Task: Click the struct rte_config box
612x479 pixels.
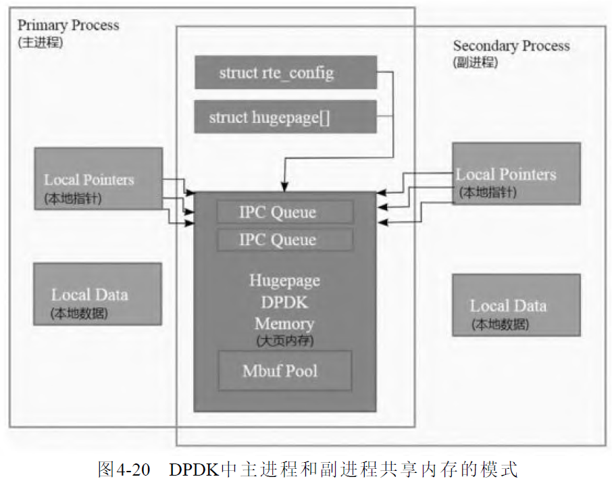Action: coord(285,72)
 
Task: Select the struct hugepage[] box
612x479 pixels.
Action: coord(285,117)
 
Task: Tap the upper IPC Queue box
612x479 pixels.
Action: coord(284,212)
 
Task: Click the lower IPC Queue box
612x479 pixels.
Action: coord(284,240)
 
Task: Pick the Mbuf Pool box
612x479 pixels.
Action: coord(284,370)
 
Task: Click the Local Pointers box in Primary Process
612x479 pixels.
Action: coord(98,180)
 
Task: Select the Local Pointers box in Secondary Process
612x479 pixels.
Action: coord(516,174)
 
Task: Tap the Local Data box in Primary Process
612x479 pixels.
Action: coord(98,294)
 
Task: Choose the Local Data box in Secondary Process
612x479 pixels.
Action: coord(516,305)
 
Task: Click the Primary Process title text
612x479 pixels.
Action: coord(68,26)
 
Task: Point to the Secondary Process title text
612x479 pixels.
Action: coord(511,46)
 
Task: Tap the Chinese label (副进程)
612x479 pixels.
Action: coord(476,62)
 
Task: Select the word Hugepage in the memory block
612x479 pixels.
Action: coord(284,280)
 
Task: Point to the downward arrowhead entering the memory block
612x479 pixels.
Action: coord(285,186)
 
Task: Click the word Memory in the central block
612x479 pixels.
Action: coord(284,324)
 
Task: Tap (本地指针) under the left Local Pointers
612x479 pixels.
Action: coord(74,199)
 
